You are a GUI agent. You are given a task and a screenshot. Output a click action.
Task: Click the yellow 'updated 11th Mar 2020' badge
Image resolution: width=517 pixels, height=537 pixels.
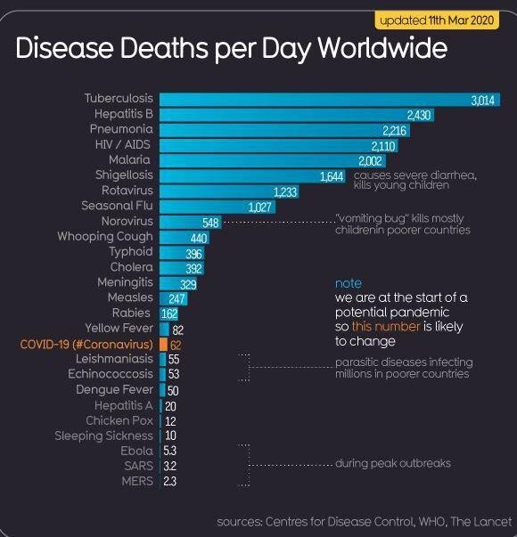point(437,20)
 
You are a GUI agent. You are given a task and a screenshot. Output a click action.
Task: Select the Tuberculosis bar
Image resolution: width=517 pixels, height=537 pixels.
point(330,100)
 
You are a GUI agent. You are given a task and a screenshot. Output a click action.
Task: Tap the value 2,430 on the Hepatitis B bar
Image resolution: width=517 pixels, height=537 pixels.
point(419,115)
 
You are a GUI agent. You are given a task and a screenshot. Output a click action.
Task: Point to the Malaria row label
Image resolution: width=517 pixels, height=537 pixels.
point(129,159)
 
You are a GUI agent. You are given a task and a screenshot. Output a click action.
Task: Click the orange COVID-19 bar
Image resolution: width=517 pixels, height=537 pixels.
point(163,344)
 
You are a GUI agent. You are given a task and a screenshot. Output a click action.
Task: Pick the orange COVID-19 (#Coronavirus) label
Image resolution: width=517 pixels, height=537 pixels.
point(86,344)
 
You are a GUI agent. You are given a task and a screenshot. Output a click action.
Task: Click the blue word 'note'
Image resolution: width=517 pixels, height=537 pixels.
point(349,283)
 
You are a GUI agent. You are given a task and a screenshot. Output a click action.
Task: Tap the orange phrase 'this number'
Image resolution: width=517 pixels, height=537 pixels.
point(386,326)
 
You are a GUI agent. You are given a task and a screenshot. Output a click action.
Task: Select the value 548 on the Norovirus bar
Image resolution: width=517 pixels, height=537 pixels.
point(210,223)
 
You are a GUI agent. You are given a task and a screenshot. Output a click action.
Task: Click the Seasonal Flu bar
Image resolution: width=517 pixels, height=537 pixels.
point(217,207)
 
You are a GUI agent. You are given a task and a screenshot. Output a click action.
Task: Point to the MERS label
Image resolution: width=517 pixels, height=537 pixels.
point(137,481)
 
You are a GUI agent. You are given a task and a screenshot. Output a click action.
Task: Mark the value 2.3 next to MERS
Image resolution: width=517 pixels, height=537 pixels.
point(169,482)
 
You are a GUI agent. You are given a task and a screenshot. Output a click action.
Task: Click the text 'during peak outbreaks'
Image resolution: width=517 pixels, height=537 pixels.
point(393,463)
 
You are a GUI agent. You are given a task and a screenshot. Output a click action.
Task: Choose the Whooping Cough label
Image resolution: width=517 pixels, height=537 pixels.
point(105,236)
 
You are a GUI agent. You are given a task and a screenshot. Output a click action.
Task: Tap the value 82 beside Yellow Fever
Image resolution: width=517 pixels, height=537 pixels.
point(178,330)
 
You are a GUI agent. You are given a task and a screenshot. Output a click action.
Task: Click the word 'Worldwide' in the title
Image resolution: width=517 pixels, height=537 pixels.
point(382,48)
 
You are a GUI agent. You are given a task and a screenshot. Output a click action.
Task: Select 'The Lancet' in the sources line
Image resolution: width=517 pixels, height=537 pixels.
point(480,522)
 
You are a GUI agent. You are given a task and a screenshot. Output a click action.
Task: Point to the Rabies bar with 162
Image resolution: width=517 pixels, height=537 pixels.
point(168,313)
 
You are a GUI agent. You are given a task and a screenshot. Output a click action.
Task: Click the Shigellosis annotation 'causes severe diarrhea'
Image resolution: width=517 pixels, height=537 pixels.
point(414,175)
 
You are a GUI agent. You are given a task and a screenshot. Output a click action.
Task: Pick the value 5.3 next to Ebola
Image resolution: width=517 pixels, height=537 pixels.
point(169,451)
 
